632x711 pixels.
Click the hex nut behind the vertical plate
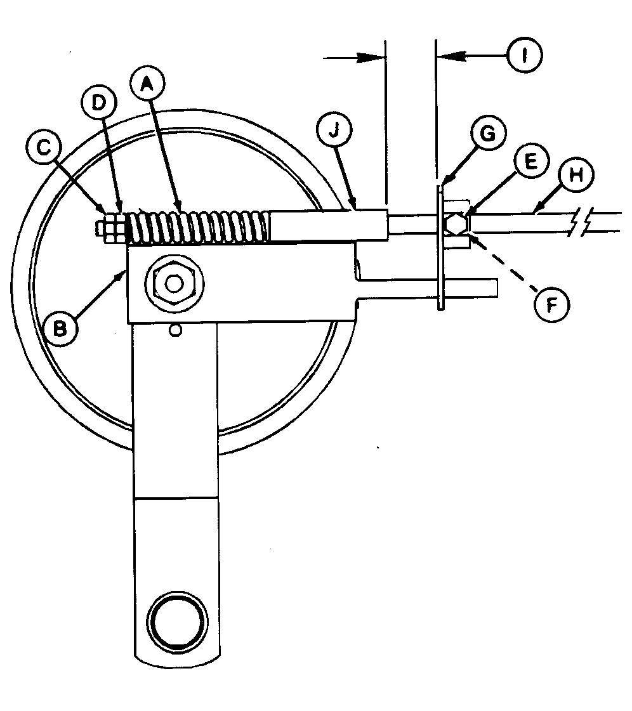(456, 224)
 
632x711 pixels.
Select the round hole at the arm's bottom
(177, 616)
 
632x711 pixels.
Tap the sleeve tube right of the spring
(327, 226)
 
